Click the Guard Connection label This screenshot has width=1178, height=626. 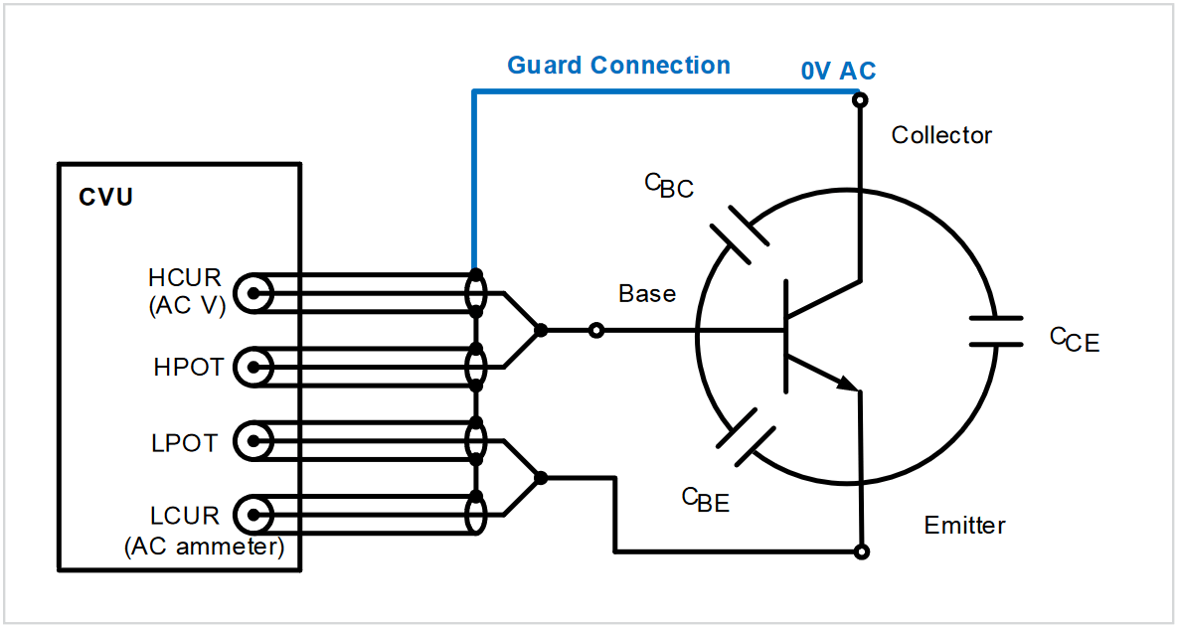click(618, 66)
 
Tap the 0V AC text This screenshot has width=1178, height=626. click(838, 72)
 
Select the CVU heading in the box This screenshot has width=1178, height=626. click(105, 197)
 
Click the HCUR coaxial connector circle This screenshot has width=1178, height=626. click(255, 293)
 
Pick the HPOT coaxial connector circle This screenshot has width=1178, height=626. click(255, 368)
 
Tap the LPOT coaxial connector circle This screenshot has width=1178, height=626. click(255, 441)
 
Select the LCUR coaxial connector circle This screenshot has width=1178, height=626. click(255, 515)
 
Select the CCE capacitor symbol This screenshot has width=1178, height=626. click(995, 331)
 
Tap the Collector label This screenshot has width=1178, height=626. click(941, 135)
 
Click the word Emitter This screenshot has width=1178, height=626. click(964, 525)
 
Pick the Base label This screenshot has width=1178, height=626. click(647, 294)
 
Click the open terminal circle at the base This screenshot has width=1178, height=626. click(596, 330)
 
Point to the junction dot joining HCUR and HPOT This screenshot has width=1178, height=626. click(540, 330)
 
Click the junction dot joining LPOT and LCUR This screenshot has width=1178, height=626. click(540, 478)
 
